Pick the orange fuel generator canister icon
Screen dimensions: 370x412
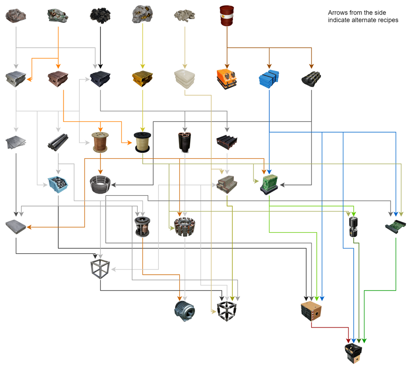pos(227,78)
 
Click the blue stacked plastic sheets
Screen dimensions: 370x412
pos(269,78)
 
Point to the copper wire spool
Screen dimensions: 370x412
pos(100,142)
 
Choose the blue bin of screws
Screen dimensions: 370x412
pos(58,185)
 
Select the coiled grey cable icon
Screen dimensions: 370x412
pos(100,185)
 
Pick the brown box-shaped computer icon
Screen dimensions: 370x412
pos(311,310)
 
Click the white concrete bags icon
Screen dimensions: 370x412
pos(184,78)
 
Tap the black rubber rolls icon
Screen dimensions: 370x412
pos(311,78)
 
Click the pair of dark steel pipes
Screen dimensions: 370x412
pos(58,142)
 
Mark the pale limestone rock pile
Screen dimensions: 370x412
pos(184,16)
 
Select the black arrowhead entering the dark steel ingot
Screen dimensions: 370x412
pos(100,67)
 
